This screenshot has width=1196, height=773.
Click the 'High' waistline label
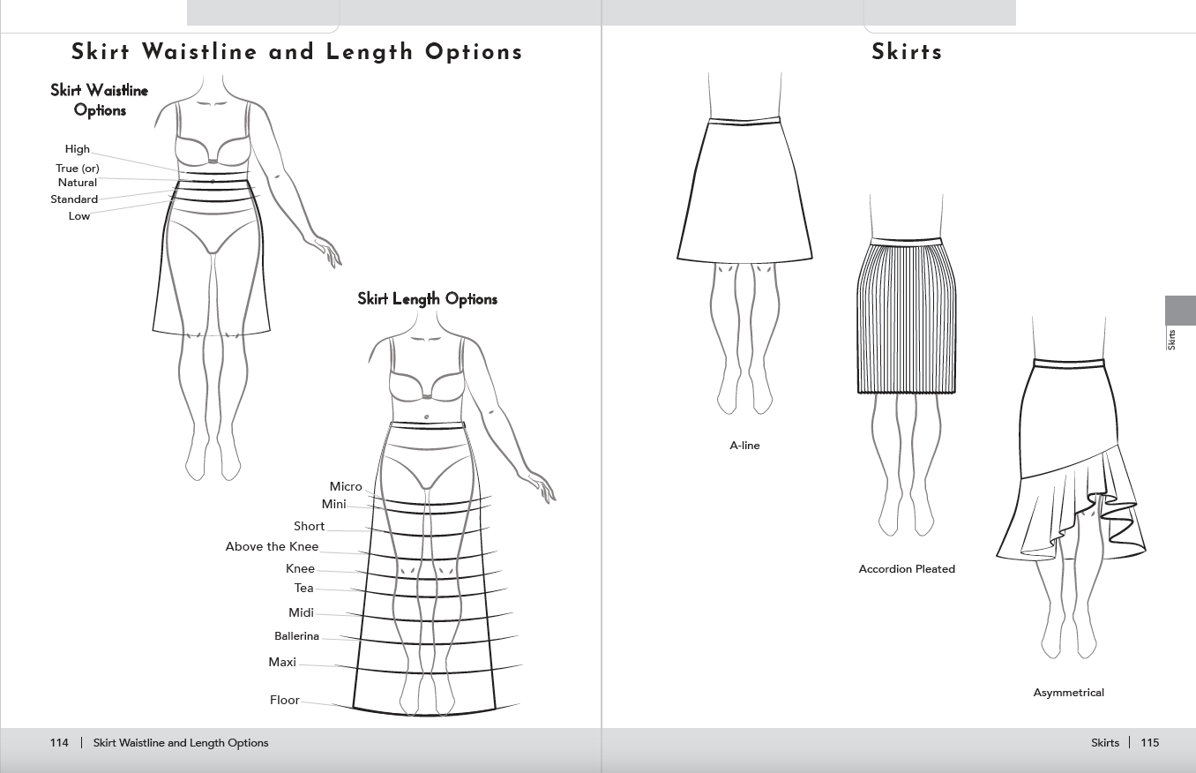tap(78, 149)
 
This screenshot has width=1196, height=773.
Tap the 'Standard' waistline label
tap(74, 199)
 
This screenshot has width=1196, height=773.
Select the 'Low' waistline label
tap(79, 216)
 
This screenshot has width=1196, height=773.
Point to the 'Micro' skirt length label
tap(346, 487)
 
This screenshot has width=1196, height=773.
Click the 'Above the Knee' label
tap(272, 546)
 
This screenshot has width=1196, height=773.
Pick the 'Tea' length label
tap(303, 589)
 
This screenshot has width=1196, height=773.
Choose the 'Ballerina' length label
tap(297, 636)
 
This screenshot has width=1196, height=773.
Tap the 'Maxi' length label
tap(282, 663)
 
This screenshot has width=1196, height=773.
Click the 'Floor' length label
tap(285, 701)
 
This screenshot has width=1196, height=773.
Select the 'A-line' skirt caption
tap(744, 446)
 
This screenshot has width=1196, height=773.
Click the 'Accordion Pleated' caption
tap(907, 569)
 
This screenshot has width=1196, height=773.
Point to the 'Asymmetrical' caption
tap(1068, 693)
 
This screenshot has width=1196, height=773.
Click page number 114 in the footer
tap(59, 742)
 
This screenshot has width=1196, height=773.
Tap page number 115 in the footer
tap(1150, 742)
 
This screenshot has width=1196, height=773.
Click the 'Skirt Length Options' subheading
tap(427, 298)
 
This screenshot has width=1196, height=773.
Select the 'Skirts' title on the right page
tap(908, 52)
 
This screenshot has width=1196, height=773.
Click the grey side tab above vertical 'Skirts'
tap(1180, 311)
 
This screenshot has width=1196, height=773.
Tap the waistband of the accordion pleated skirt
tap(906, 242)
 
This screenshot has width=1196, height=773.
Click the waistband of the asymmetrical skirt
tap(1068, 363)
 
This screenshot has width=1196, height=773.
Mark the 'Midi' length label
tap(301, 612)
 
